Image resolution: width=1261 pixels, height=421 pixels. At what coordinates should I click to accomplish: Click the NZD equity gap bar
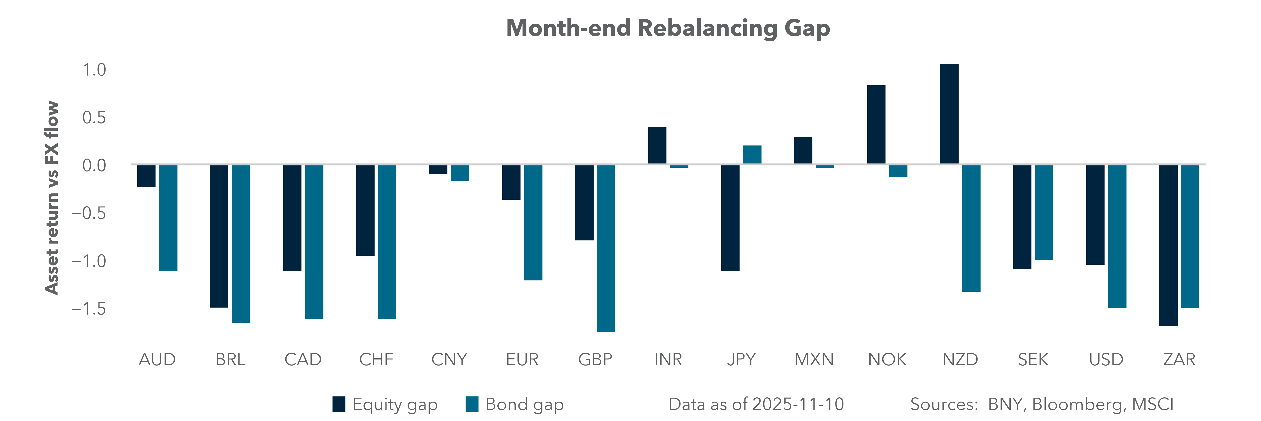[x=949, y=114]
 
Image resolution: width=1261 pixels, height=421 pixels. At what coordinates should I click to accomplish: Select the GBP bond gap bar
[x=606, y=248]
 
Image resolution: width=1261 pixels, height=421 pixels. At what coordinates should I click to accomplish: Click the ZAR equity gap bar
[x=1168, y=245]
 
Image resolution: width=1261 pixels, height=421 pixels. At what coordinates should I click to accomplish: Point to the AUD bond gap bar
[x=168, y=218]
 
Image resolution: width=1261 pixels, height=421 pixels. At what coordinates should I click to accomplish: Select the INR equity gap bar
[x=657, y=145]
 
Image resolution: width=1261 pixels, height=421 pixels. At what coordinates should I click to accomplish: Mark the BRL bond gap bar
[x=241, y=243]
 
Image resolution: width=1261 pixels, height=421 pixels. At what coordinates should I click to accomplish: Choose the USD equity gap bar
[x=1095, y=215]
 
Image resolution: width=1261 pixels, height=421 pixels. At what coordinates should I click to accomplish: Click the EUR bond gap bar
[x=533, y=222]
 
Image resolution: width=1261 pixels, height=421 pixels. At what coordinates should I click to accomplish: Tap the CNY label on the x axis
[x=449, y=360]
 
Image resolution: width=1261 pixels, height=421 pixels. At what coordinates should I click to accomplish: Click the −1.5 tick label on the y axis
[x=89, y=309]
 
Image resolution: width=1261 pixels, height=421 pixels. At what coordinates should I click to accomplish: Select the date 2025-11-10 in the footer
[x=798, y=404]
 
